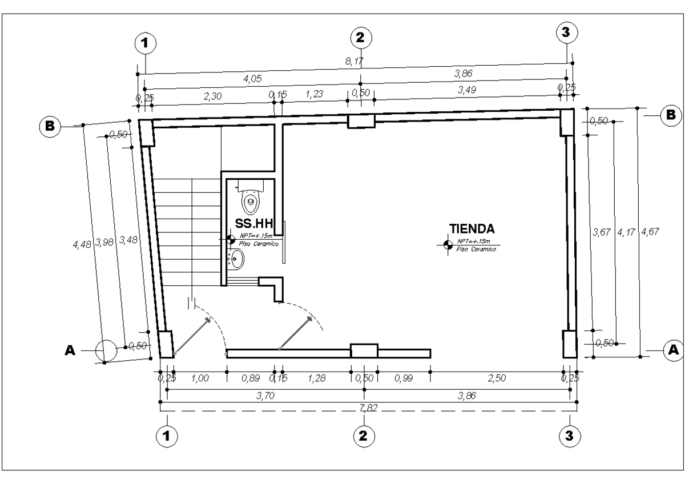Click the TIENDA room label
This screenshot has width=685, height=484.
pos(472,229)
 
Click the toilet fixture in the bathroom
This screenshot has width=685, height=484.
pos(250,197)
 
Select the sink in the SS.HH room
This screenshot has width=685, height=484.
pos(236,261)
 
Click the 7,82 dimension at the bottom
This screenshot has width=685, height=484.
pos(366,407)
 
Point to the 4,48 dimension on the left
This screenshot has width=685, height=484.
pos(80,244)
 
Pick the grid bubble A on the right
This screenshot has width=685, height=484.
pos(673,348)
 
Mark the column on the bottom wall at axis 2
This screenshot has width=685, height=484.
pos(364,350)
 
